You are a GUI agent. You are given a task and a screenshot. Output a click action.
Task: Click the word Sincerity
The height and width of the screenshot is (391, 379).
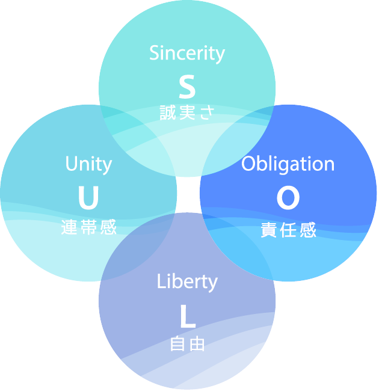pyautogui.click(x=187, y=54)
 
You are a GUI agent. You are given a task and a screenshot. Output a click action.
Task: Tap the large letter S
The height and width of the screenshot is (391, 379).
pyautogui.click(x=187, y=87)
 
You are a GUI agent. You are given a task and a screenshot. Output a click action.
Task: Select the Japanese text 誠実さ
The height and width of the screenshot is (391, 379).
pyautogui.click(x=187, y=113)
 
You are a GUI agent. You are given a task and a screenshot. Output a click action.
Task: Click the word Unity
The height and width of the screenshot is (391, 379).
pyautogui.click(x=88, y=164)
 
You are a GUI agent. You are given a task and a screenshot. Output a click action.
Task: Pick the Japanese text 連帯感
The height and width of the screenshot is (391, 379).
pyautogui.click(x=88, y=227)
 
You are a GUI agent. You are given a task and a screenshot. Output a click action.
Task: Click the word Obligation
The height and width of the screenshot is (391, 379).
pyautogui.click(x=288, y=164)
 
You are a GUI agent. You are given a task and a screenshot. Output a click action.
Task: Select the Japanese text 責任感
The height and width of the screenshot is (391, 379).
pyautogui.click(x=288, y=230)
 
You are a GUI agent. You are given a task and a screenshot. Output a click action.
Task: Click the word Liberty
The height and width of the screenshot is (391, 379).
pyautogui.click(x=187, y=282)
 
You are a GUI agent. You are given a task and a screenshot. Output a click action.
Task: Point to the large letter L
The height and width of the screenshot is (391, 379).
pyautogui.click(x=188, y=317)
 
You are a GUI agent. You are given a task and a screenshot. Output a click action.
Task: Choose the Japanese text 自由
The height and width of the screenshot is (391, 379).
pyautogui.click(x=187, y=344)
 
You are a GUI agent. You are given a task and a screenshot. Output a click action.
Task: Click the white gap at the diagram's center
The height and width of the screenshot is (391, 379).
pyautogui.click(x=188, y=194)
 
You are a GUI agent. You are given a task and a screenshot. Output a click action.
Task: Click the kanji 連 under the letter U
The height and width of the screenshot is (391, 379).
pyautogui.click(x=70, y=227)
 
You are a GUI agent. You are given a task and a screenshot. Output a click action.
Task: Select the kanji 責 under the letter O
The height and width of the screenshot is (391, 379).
pyautogui.click(x=269, y=230)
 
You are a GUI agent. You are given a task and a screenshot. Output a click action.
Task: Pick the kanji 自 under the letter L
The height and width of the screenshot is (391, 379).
pyautogui.click(x=178, y=344)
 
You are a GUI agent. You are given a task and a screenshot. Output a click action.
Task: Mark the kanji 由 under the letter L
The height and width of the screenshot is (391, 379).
pyautogui.click(x=197, y=344)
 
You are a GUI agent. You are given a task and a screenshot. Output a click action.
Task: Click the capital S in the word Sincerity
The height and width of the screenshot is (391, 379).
pyautogui.click(x=154, y=54)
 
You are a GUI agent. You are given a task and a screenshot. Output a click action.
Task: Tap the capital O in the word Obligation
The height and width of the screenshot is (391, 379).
pyautogui.click(x=249, y=164)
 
